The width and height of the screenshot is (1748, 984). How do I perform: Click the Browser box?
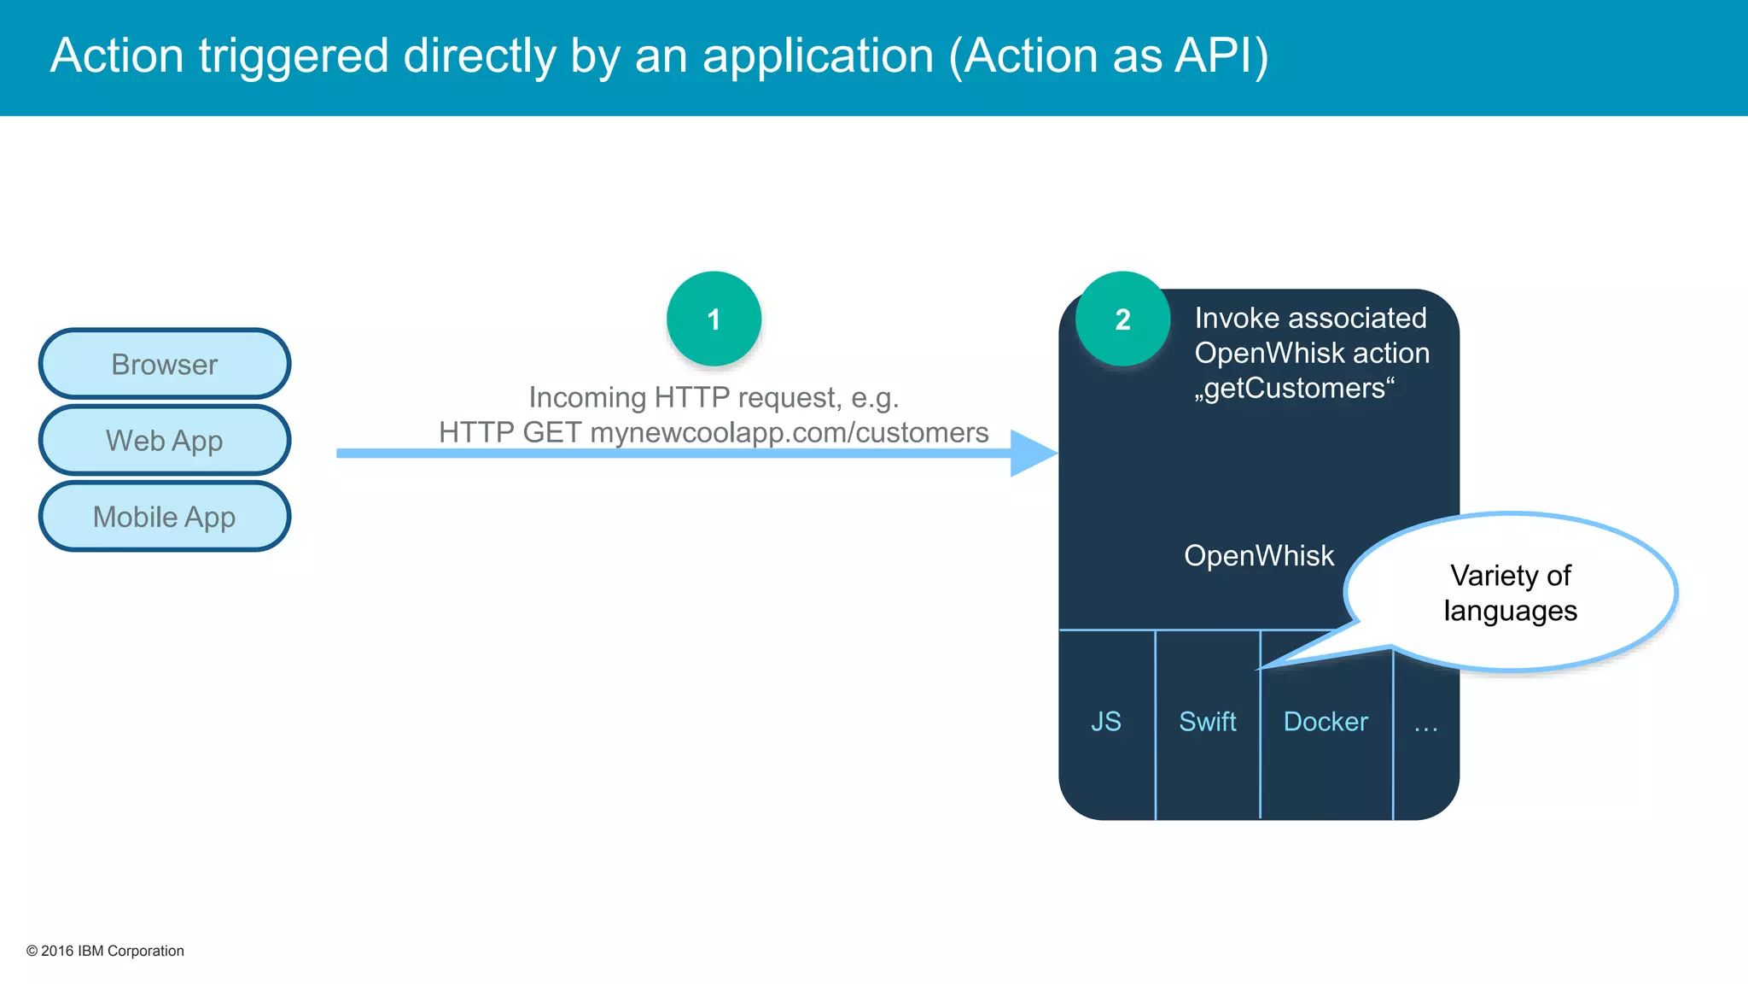pos(165,365)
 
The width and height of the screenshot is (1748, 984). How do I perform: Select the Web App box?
pos(165,441)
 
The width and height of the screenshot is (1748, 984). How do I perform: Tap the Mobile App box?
pos(165,517)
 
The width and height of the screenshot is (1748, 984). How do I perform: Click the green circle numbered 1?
pos(714,319)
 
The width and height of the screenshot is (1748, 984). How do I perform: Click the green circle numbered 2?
pos(1122,319)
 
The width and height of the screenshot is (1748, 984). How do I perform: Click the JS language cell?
pos(1106,722)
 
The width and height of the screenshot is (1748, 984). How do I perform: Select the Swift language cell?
pos(1207,722)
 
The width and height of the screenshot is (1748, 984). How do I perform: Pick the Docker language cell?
pos(1326,722)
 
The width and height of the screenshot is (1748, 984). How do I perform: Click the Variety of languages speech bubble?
pos(1510,593)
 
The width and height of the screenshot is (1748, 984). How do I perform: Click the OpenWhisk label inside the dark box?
pos(1258,556)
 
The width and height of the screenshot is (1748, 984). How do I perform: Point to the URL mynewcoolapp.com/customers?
pos(789,433)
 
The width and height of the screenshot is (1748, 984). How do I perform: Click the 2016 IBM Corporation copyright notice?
pos(105,951)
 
